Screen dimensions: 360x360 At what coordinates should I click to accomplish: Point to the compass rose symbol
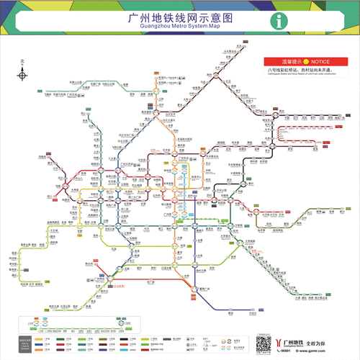[x=22, y=74]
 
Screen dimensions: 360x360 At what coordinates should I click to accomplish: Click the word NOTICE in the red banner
[x=321, y=63]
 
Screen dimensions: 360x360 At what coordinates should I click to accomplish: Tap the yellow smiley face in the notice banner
[x=305, y=63]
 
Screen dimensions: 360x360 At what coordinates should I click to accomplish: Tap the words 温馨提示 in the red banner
[x=285, y=63]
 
